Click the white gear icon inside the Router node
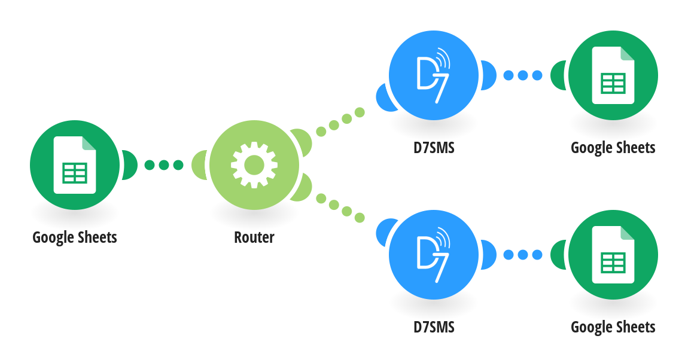coord(254,165)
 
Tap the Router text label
coord(254,237)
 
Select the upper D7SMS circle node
coord(434,75)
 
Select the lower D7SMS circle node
coord(434,255)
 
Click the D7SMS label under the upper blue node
coord(434,148)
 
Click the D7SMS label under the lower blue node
coord(434,327)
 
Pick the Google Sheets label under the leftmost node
coord(75,237)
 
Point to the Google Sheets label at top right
coord(613,148)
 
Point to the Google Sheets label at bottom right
coord(613,328)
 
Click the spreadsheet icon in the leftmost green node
coord(75,165)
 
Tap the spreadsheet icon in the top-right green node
coord(613,75)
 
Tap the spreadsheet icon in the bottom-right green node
coord(613,255)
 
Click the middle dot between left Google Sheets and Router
coord(164,165)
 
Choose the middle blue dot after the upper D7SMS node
coord(523,75)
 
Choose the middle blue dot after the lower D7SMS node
coord(523,255)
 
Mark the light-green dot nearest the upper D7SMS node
coord(360,112)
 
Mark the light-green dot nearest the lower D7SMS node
coord(360,218)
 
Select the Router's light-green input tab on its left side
coord(200,165)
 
